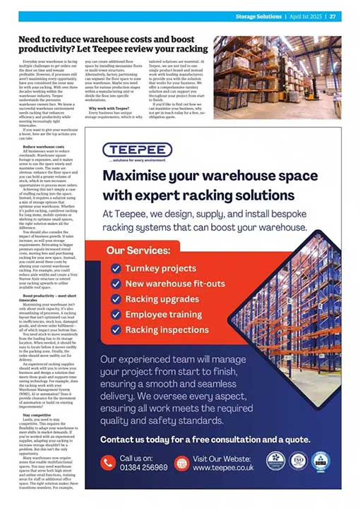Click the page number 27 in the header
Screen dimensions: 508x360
point(332,16)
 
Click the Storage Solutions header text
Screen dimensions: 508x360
point(259,16)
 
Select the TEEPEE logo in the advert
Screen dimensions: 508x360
point(137,150)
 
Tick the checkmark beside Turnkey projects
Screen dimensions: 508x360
point(116,268)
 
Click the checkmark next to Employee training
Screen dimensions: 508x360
point(116,314)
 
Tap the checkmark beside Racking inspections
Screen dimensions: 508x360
point(116,329)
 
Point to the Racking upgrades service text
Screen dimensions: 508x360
point(161,299)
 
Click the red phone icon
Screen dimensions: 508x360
point(107,463)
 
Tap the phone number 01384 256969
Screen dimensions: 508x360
point(143,467)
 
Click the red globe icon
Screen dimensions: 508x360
point(181,463)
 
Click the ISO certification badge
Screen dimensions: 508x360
point(299,461)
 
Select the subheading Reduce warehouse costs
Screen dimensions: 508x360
point(44,146)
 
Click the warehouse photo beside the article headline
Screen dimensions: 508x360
point(277,67)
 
